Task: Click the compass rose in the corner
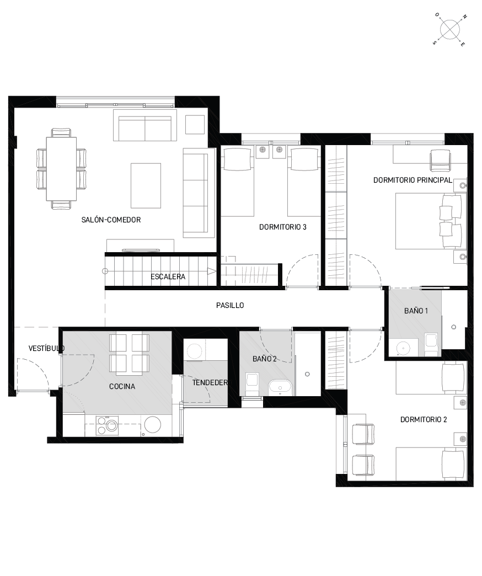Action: point(449,29)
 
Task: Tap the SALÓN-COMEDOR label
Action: point(111,220)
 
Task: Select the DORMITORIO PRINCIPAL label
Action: point(413,180)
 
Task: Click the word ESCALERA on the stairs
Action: point(168,276)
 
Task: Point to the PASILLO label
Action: point(230,305)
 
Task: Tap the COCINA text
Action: point(122,386)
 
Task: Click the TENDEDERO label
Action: point(210,383)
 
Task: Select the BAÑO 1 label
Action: point(416,311)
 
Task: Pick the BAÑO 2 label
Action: point(264,359)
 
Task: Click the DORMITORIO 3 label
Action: point(283,227)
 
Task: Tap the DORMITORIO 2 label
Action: point(424,419)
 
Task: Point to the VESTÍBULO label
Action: point(47,348)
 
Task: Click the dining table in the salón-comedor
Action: point(61,169)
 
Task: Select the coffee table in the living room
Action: point(146,185)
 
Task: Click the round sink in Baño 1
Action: point(404,347)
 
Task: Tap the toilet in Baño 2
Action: point(252,385)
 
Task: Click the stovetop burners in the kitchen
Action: point(107,426)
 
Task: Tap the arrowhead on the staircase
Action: point(211,271)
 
